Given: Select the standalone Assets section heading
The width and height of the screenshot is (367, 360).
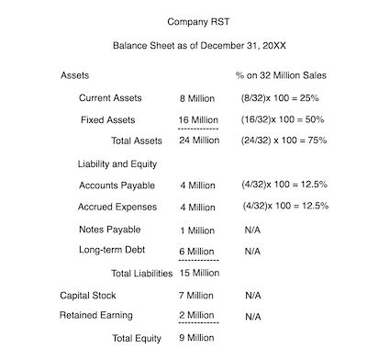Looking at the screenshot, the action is (x=75, y=74).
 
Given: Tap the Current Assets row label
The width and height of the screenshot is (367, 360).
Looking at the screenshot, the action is (x=110, y=97).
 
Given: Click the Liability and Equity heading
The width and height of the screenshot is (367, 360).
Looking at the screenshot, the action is (x=117, y=163).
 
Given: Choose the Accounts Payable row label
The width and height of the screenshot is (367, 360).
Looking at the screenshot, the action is (x=117, y=185).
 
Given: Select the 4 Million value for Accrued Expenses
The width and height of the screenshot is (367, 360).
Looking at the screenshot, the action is (x=198, y=207).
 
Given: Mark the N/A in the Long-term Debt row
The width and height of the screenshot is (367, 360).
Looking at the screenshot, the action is (x=252, y=251).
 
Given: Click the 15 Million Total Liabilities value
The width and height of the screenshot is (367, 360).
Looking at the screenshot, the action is (x=199, y=273).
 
